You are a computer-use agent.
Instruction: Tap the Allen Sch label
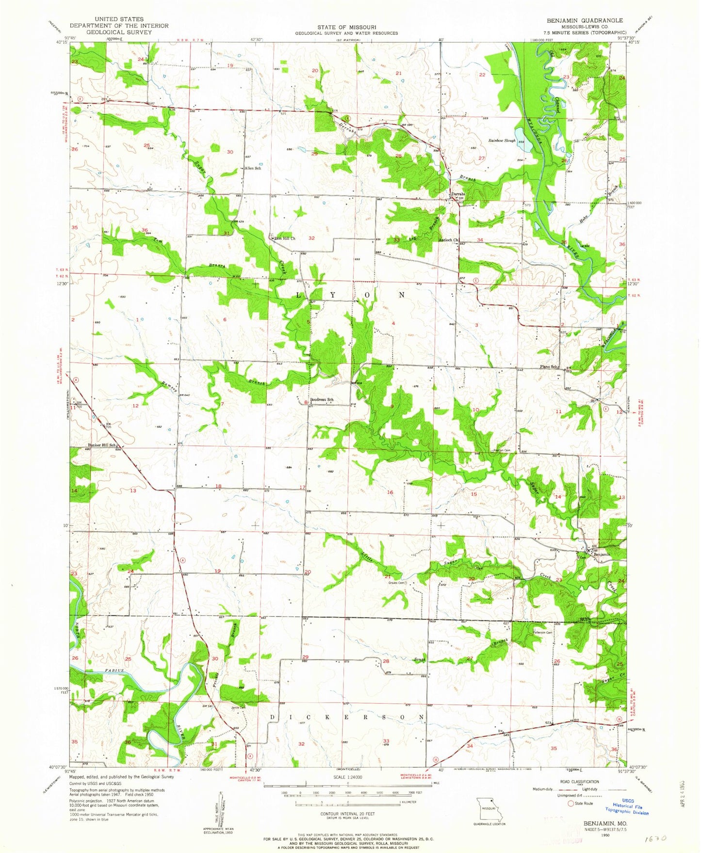253,168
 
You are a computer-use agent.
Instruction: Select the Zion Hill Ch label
285,238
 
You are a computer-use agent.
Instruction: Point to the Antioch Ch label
448,240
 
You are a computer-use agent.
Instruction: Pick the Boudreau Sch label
322,400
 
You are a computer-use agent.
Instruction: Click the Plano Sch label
550,367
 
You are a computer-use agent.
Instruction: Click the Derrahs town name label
458,194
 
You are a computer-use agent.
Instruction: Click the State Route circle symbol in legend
571,803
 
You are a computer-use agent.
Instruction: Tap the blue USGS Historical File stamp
626,807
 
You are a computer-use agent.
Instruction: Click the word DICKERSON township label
347,717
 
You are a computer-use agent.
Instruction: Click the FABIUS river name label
113,670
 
